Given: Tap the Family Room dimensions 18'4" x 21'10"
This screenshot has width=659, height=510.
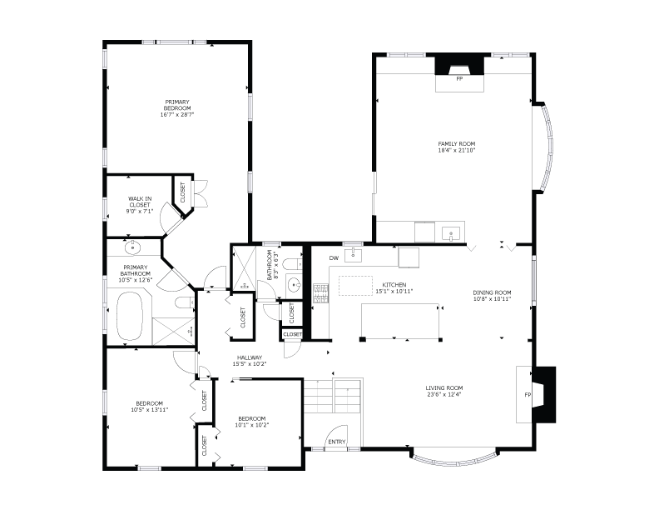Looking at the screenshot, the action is coord(457,150).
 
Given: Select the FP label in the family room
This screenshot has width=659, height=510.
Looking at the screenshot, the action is coord(459,78).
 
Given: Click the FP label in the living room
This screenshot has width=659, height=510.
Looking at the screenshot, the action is coord(528,395).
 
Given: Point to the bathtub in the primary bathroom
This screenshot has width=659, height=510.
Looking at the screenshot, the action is coord(130,316).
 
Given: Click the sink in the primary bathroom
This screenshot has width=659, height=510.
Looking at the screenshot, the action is coord(133,247).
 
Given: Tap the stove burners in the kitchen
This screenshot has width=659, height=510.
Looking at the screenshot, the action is coord(320,293).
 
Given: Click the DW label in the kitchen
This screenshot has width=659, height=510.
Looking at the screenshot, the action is coord(334,258).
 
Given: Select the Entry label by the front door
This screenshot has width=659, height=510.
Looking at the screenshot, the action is coord(337,442).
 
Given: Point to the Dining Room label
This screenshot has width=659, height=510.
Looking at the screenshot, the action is coord(492,292).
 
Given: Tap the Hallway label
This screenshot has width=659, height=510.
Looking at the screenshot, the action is coord(250,357).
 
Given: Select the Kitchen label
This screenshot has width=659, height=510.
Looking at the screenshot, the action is coord(394,285).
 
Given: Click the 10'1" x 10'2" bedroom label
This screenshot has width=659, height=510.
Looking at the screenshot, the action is coord(252,422).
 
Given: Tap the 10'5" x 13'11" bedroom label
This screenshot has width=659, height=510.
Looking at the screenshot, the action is coord(149,407).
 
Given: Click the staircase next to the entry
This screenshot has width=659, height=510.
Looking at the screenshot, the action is coord(334,396).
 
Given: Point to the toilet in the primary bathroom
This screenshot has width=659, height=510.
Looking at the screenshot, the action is coord(185,302).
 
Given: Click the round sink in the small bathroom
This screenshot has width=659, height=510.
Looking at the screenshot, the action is coord(294,286).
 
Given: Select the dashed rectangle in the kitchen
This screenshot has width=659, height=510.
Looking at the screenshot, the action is coord(355,286).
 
